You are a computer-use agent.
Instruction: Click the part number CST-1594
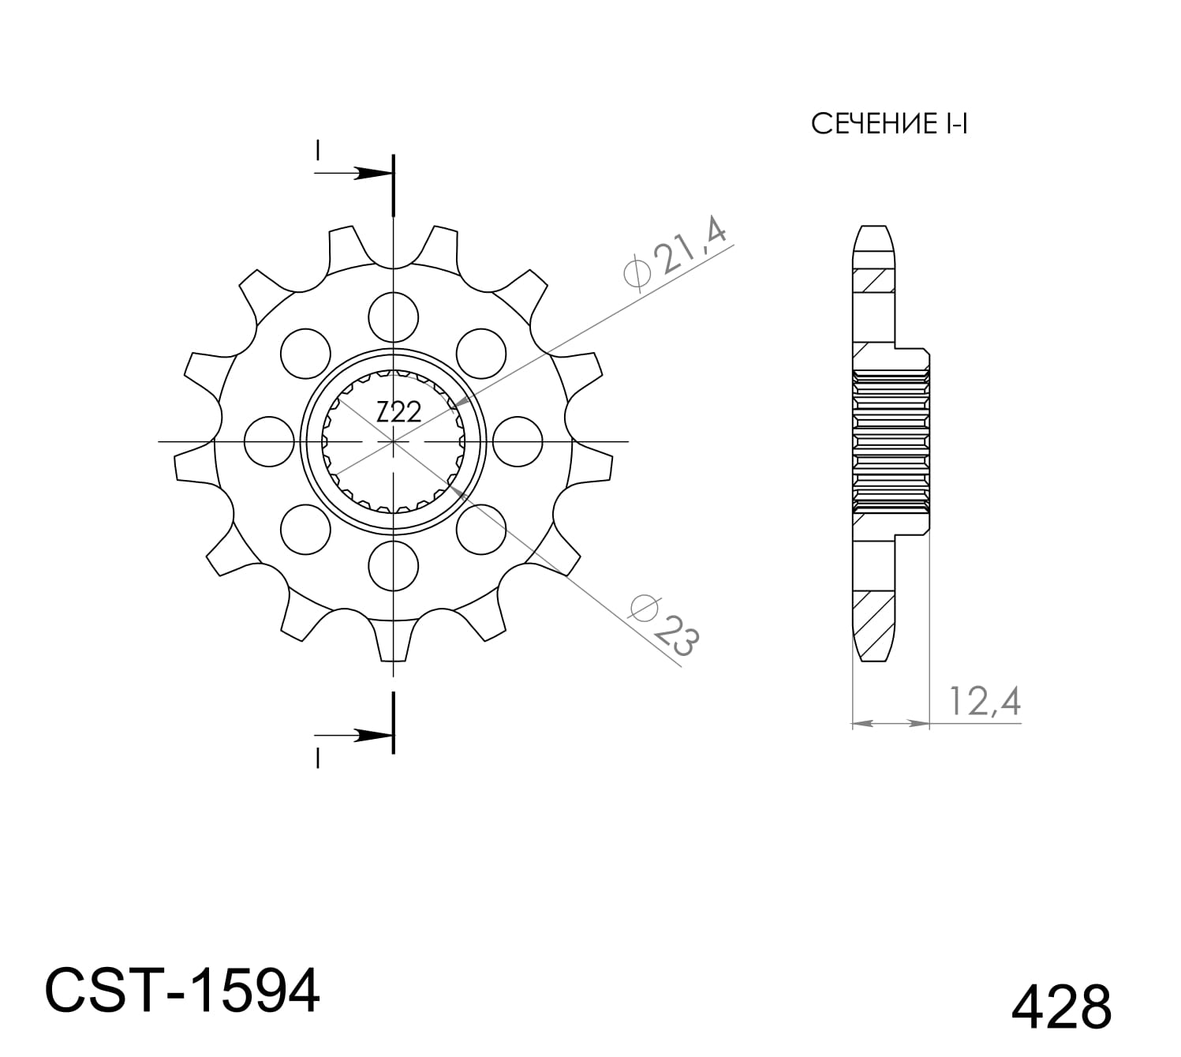182,991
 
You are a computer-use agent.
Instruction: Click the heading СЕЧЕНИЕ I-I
888,125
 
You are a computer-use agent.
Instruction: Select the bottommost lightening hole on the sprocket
393,565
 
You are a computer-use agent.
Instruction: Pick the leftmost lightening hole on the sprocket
269,441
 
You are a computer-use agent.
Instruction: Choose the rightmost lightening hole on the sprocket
518,441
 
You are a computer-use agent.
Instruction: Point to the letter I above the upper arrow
317,149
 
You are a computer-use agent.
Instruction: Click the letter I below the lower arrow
317,759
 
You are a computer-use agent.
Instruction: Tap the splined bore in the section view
889,441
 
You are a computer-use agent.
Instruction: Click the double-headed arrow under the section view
890,722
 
